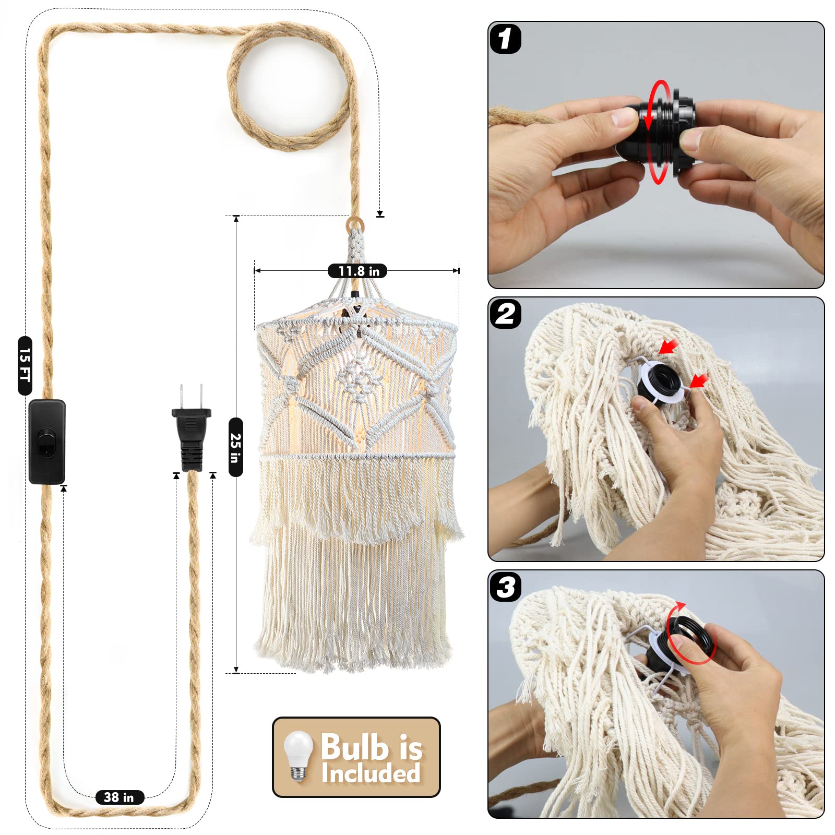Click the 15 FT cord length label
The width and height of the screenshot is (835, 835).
point(25,365)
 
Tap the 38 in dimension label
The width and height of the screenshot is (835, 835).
point(120,797)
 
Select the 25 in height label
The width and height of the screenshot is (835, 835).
point(236,447)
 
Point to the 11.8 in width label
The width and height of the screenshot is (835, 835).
point(357,271)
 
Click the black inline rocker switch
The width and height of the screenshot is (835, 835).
point(47,442)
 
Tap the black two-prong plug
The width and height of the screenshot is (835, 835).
point(192,428)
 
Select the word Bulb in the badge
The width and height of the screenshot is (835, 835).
point(354,746)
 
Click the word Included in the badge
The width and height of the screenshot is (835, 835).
point(371,773)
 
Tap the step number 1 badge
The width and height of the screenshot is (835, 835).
point(505,39)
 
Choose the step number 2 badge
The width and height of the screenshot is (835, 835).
point(505,314)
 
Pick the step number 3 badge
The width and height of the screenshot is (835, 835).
point(505,587)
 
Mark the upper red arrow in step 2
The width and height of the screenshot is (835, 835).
point(669,345)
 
